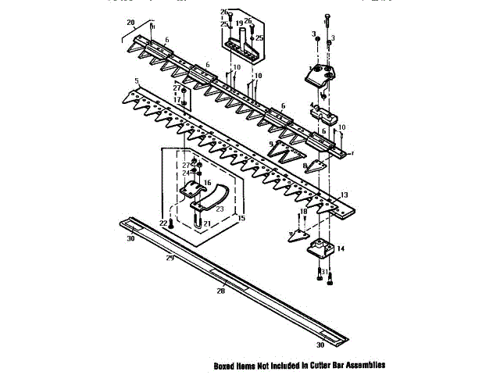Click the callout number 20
point(130,22)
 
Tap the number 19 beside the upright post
point(240,23)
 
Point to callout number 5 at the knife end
point(136,81)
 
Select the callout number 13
point(344,194)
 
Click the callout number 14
point(341,248)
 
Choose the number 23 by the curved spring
point(220,209)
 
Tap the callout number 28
point(221,291)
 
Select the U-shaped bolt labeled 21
point(196,218)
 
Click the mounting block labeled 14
point(321,249)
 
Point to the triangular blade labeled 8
point(315,166)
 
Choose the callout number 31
point(324,272)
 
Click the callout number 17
point(177,101)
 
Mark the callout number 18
point(304,212)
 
